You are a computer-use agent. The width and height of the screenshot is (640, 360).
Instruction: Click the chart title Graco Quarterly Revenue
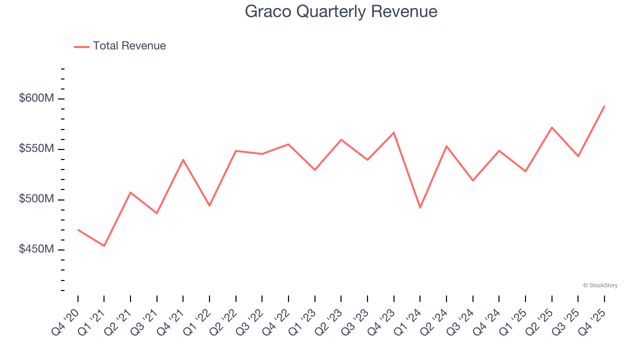pyautogui.click(x=341, y=11)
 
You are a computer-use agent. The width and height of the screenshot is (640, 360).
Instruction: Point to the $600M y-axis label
pyautogui.click(x=36, y=98)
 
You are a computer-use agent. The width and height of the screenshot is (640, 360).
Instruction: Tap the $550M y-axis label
pyautogui.click(x=36, y=149)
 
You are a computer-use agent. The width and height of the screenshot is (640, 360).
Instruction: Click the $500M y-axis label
pyautogui.click(x=36, y=199)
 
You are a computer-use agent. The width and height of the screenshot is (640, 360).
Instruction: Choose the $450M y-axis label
pyautogui.click(x=36, y=249)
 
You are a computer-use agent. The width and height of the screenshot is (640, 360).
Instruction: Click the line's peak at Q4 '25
pyautogui.click(x=604, y=106)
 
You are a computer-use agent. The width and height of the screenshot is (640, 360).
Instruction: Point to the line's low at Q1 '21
pyautogui.click(x=104, y=246)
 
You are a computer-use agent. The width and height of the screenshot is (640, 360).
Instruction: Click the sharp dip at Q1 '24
pyautogui.click(x=420, y=207)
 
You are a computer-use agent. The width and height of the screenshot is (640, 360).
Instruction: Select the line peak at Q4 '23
pyautogui.click(x=394, y=132)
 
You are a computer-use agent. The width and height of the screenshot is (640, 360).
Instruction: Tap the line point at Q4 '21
pyautogui.click(x=183, y=159)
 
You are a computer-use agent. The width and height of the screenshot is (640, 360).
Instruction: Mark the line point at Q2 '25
pyautogui.click(x=551, y=127)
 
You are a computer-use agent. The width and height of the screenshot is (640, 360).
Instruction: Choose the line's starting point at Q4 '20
pyautogui.click(x=78, y=229)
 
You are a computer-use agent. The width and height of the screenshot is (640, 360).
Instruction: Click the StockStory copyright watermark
pyautogui.click(x=600, y=285)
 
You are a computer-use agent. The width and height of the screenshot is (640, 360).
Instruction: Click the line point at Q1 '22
pyautogui.click(x=209, y=205)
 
